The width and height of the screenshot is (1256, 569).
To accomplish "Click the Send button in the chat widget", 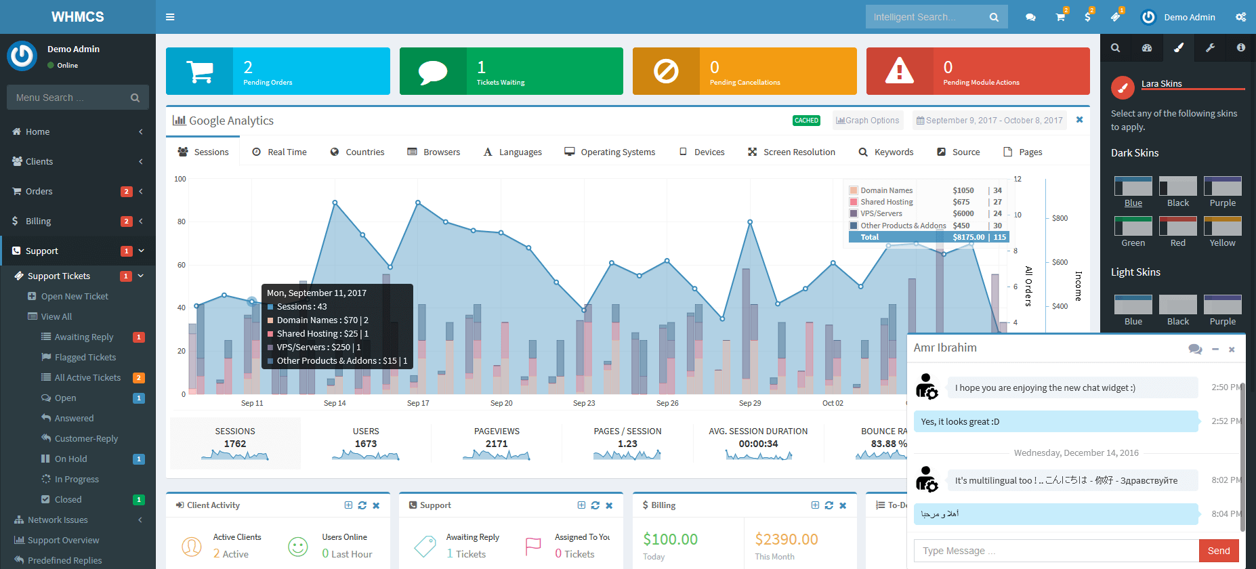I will tap(1218, 551).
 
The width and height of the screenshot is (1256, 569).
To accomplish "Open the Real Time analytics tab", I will tap(279, 152).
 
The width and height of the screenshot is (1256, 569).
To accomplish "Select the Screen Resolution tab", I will tap(791, 152).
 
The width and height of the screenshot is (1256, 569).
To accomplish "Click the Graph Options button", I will tap(868, 121).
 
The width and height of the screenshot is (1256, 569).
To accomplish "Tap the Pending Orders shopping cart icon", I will tap(200, 71).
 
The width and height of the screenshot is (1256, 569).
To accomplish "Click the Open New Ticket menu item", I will tap(74, 296).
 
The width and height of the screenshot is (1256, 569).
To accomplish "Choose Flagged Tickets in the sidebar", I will tap(85, 357).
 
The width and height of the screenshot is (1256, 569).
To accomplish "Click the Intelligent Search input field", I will tap(925, 17).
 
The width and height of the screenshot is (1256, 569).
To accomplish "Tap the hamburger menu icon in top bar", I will tap(170, 17).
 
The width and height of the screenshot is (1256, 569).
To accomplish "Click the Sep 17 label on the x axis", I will tap(418, 403).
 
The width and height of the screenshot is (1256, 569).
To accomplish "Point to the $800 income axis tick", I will tap(1060, 218).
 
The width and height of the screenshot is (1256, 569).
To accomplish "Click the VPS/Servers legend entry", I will tap(881, 213).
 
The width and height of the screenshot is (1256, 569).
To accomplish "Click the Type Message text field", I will tap(1055, 551).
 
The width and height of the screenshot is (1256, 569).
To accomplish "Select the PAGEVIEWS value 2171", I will tap(497, 444).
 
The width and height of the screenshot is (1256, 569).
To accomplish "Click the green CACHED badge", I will tap(806, 121).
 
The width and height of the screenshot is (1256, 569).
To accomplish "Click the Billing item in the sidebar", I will tap(38, 221).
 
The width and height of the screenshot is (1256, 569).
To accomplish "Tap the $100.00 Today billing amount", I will tap(670, 539).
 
